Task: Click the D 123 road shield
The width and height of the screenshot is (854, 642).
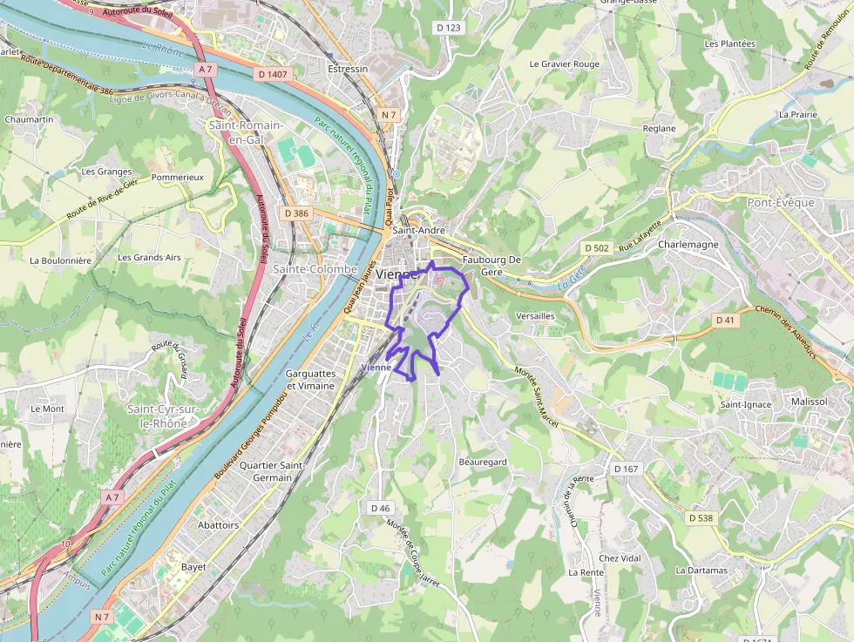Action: tap(448, 28)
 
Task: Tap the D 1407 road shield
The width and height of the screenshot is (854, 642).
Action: tap(273, 75)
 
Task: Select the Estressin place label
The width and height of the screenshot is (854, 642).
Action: tap(348, 69)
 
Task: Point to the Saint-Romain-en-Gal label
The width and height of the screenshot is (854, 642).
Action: tap(245, 132)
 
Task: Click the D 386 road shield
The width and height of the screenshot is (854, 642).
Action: tap(296, 213)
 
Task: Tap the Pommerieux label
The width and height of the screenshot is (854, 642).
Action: tap(177, 177)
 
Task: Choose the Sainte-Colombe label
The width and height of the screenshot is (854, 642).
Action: tap(315, 269)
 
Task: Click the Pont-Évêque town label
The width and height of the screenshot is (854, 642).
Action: tap(781, 203)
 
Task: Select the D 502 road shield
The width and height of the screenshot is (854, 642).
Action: tap(597, 248)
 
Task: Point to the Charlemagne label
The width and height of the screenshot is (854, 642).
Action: tap(688, 245)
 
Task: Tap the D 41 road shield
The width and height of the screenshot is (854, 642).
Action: tap(726, 321)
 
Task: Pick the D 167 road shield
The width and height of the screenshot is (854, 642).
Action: tap(626, 469)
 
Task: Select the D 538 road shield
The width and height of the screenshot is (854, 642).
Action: tap(701, 518)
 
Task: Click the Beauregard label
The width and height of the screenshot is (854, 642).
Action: tap(483, 462)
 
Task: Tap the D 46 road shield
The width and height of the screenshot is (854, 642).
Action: tap(380, 508)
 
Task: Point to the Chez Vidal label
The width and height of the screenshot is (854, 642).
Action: tap(620, 558)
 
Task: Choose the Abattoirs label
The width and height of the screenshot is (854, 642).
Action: tap(218, 525)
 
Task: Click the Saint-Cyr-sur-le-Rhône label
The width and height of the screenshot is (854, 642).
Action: tap(157, 416)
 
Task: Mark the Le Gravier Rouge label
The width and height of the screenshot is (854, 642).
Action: tap(565, 64)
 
